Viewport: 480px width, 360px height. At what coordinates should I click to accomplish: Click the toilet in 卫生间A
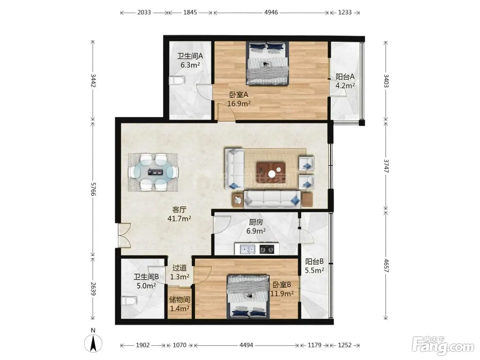177,80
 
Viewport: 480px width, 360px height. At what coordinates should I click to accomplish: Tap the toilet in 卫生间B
129,301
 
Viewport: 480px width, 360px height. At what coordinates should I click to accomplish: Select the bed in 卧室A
267,63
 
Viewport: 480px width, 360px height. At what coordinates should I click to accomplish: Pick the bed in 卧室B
248,297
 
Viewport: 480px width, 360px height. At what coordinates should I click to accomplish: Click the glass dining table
153,172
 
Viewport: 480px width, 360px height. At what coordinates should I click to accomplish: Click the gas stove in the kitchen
267,249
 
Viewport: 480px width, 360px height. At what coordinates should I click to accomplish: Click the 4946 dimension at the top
271,12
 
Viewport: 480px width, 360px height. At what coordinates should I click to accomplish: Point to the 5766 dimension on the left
93,189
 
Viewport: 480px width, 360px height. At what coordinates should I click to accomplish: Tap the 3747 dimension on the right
386,166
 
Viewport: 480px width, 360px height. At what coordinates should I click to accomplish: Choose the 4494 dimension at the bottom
246,345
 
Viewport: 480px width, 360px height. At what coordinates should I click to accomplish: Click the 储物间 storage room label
180,299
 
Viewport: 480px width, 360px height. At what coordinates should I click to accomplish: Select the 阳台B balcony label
314,261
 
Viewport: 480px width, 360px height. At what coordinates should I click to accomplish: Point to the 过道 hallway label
180,268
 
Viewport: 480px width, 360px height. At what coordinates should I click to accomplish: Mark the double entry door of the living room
124,236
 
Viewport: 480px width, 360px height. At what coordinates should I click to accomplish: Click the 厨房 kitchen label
256,222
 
